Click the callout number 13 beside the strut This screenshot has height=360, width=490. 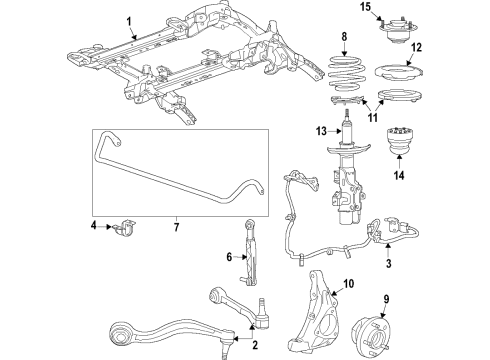coord(322,131)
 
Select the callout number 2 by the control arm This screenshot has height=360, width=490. coord(255,346)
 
